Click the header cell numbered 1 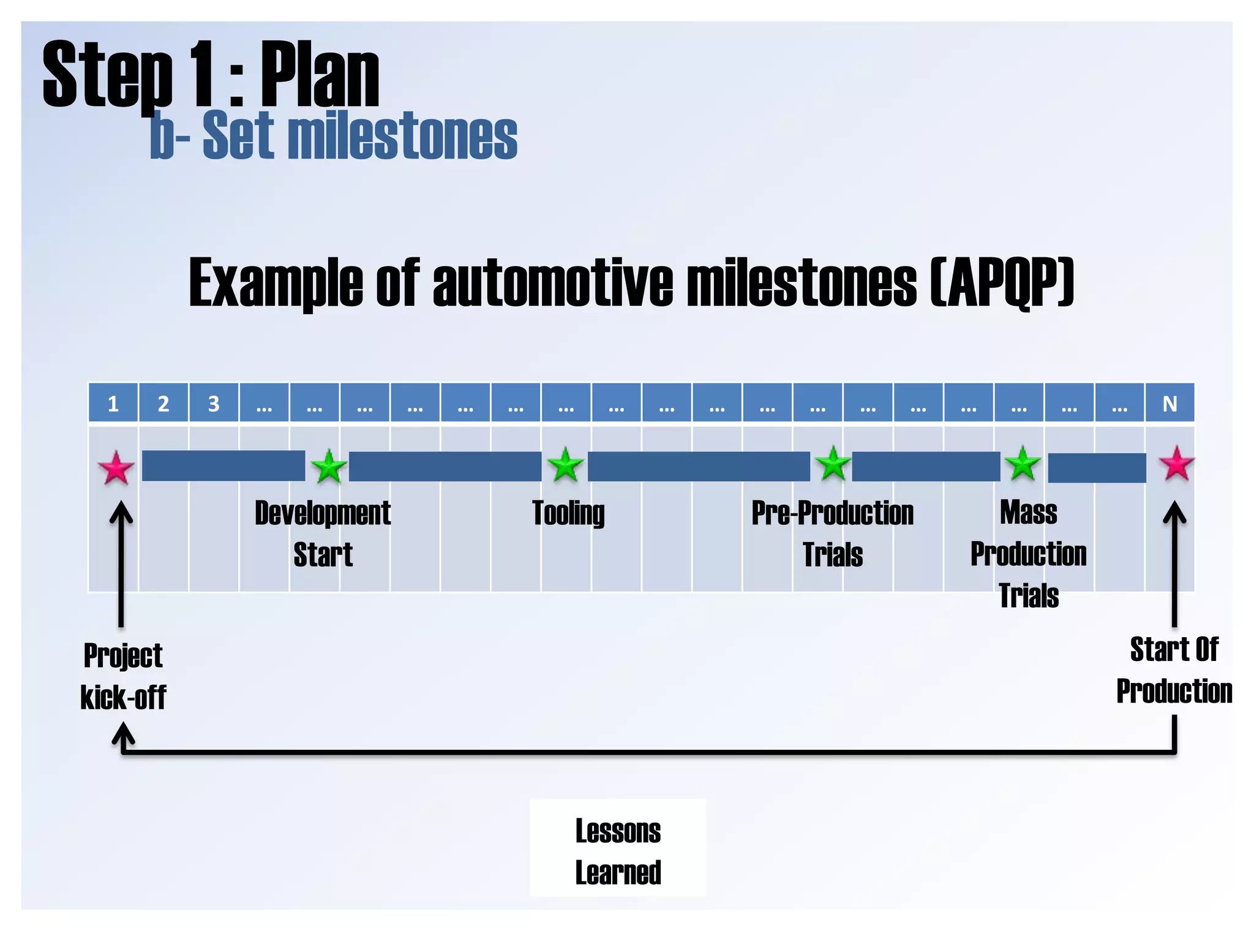[x=113, y=403]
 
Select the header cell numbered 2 [x=163, y=403]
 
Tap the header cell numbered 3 [x=214, y=403]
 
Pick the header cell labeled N [x=1170, y=403]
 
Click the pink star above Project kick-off [x=116, y=468]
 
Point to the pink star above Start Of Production [x=1176, y=464]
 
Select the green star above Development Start [x=329, y=467]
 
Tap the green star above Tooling [x=565, y=465]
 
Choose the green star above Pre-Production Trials [x=833, y=464]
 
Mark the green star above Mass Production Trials [x=1023, y=464]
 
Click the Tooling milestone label [x=568, y=513]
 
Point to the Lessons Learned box [x=618, y=848]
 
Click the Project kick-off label [x=123, y=676]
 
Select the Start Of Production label [x=1174, y=670]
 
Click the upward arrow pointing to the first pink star [x=121, y=564]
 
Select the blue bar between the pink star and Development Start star [x=223, y=466]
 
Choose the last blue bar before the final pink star [x=1097, y=468]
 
